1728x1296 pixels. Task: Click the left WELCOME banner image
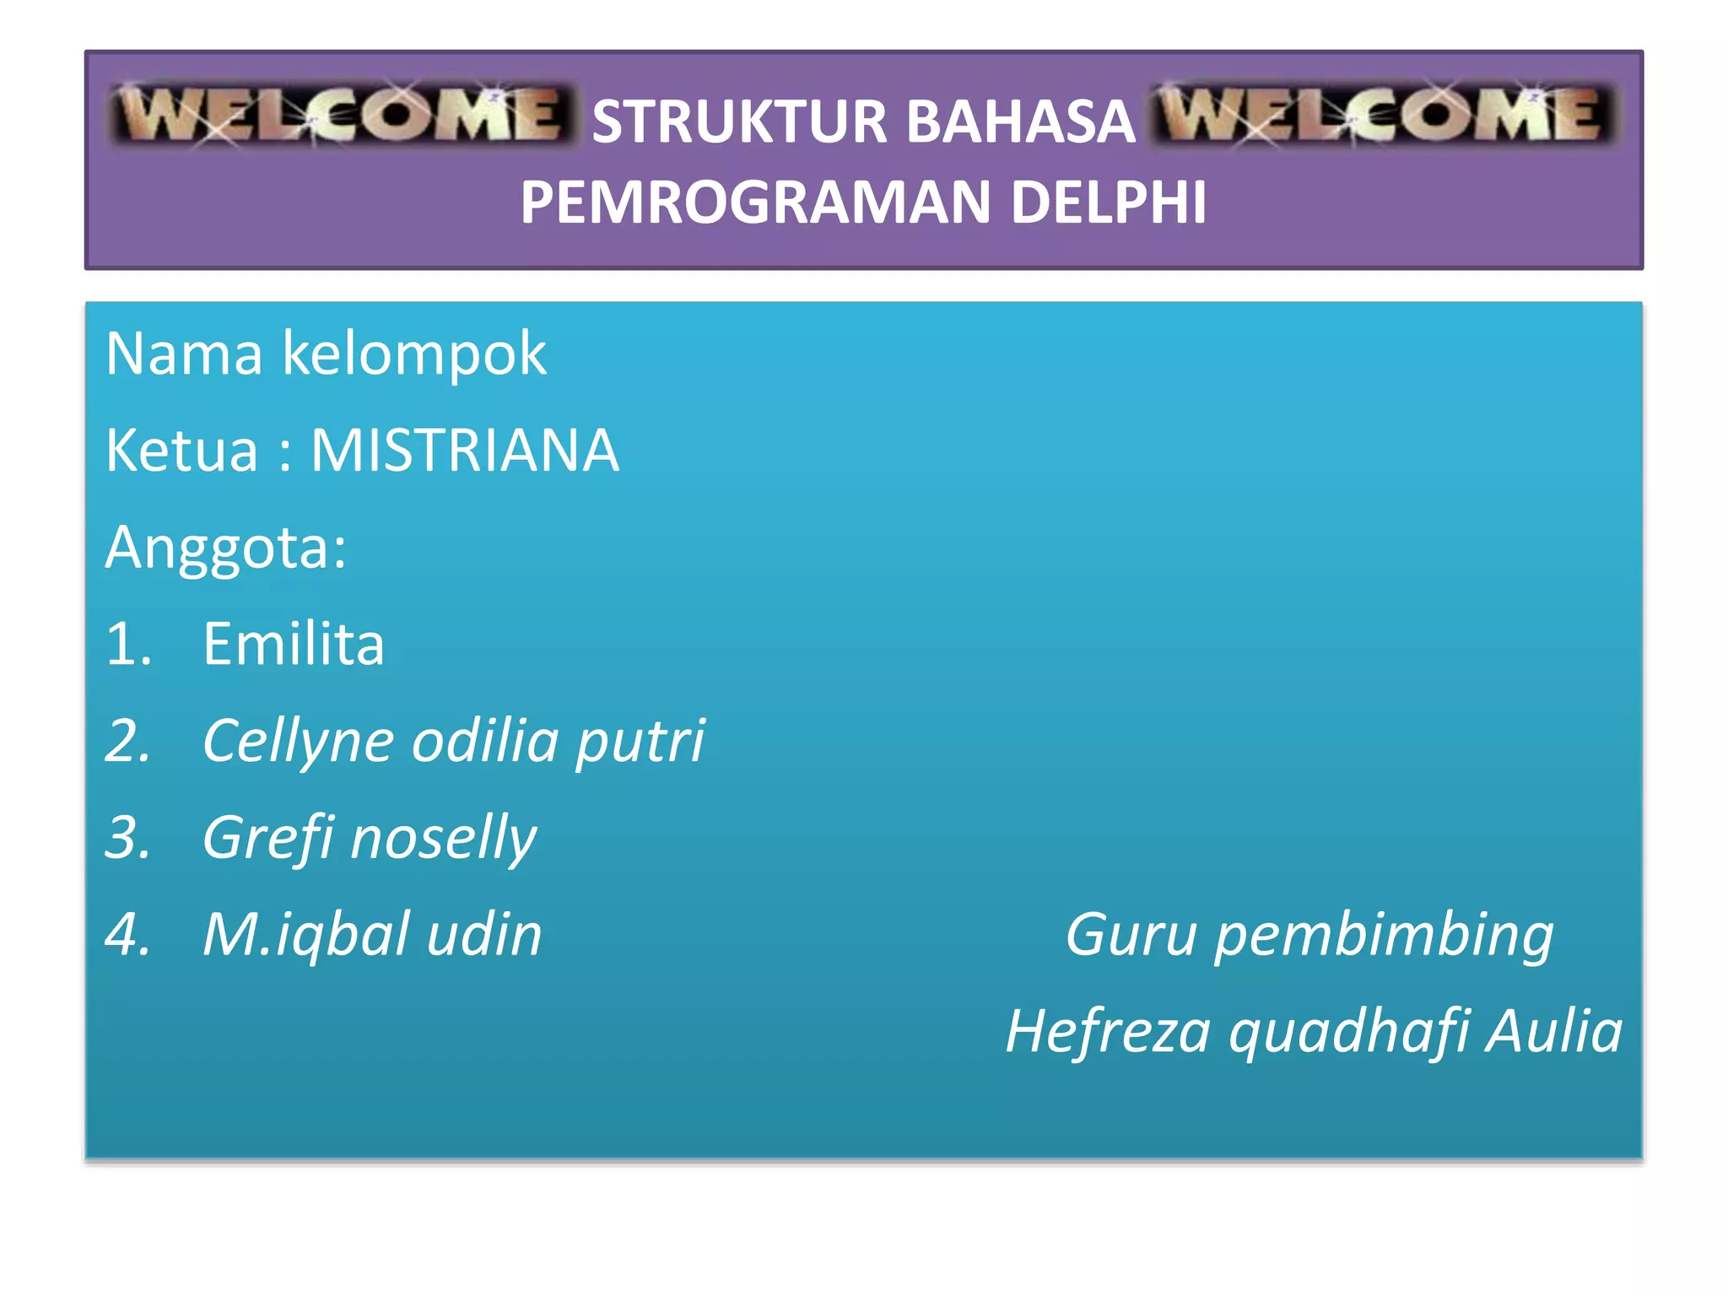click(342, 116)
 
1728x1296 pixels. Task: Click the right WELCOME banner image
click(1384, 116)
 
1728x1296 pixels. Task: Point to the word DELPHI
click(1108, 203)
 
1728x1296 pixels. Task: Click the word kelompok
click(413, 354)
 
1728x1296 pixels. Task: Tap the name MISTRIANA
click(465, 451)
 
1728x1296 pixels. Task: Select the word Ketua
click(181, 451)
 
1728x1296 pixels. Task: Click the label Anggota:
click(225, 548)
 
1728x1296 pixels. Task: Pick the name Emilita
click(294, 645)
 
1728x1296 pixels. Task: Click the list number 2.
click(127, 742)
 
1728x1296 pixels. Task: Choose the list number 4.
click(127, 935)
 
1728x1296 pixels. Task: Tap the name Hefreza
click(1108, 1032)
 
